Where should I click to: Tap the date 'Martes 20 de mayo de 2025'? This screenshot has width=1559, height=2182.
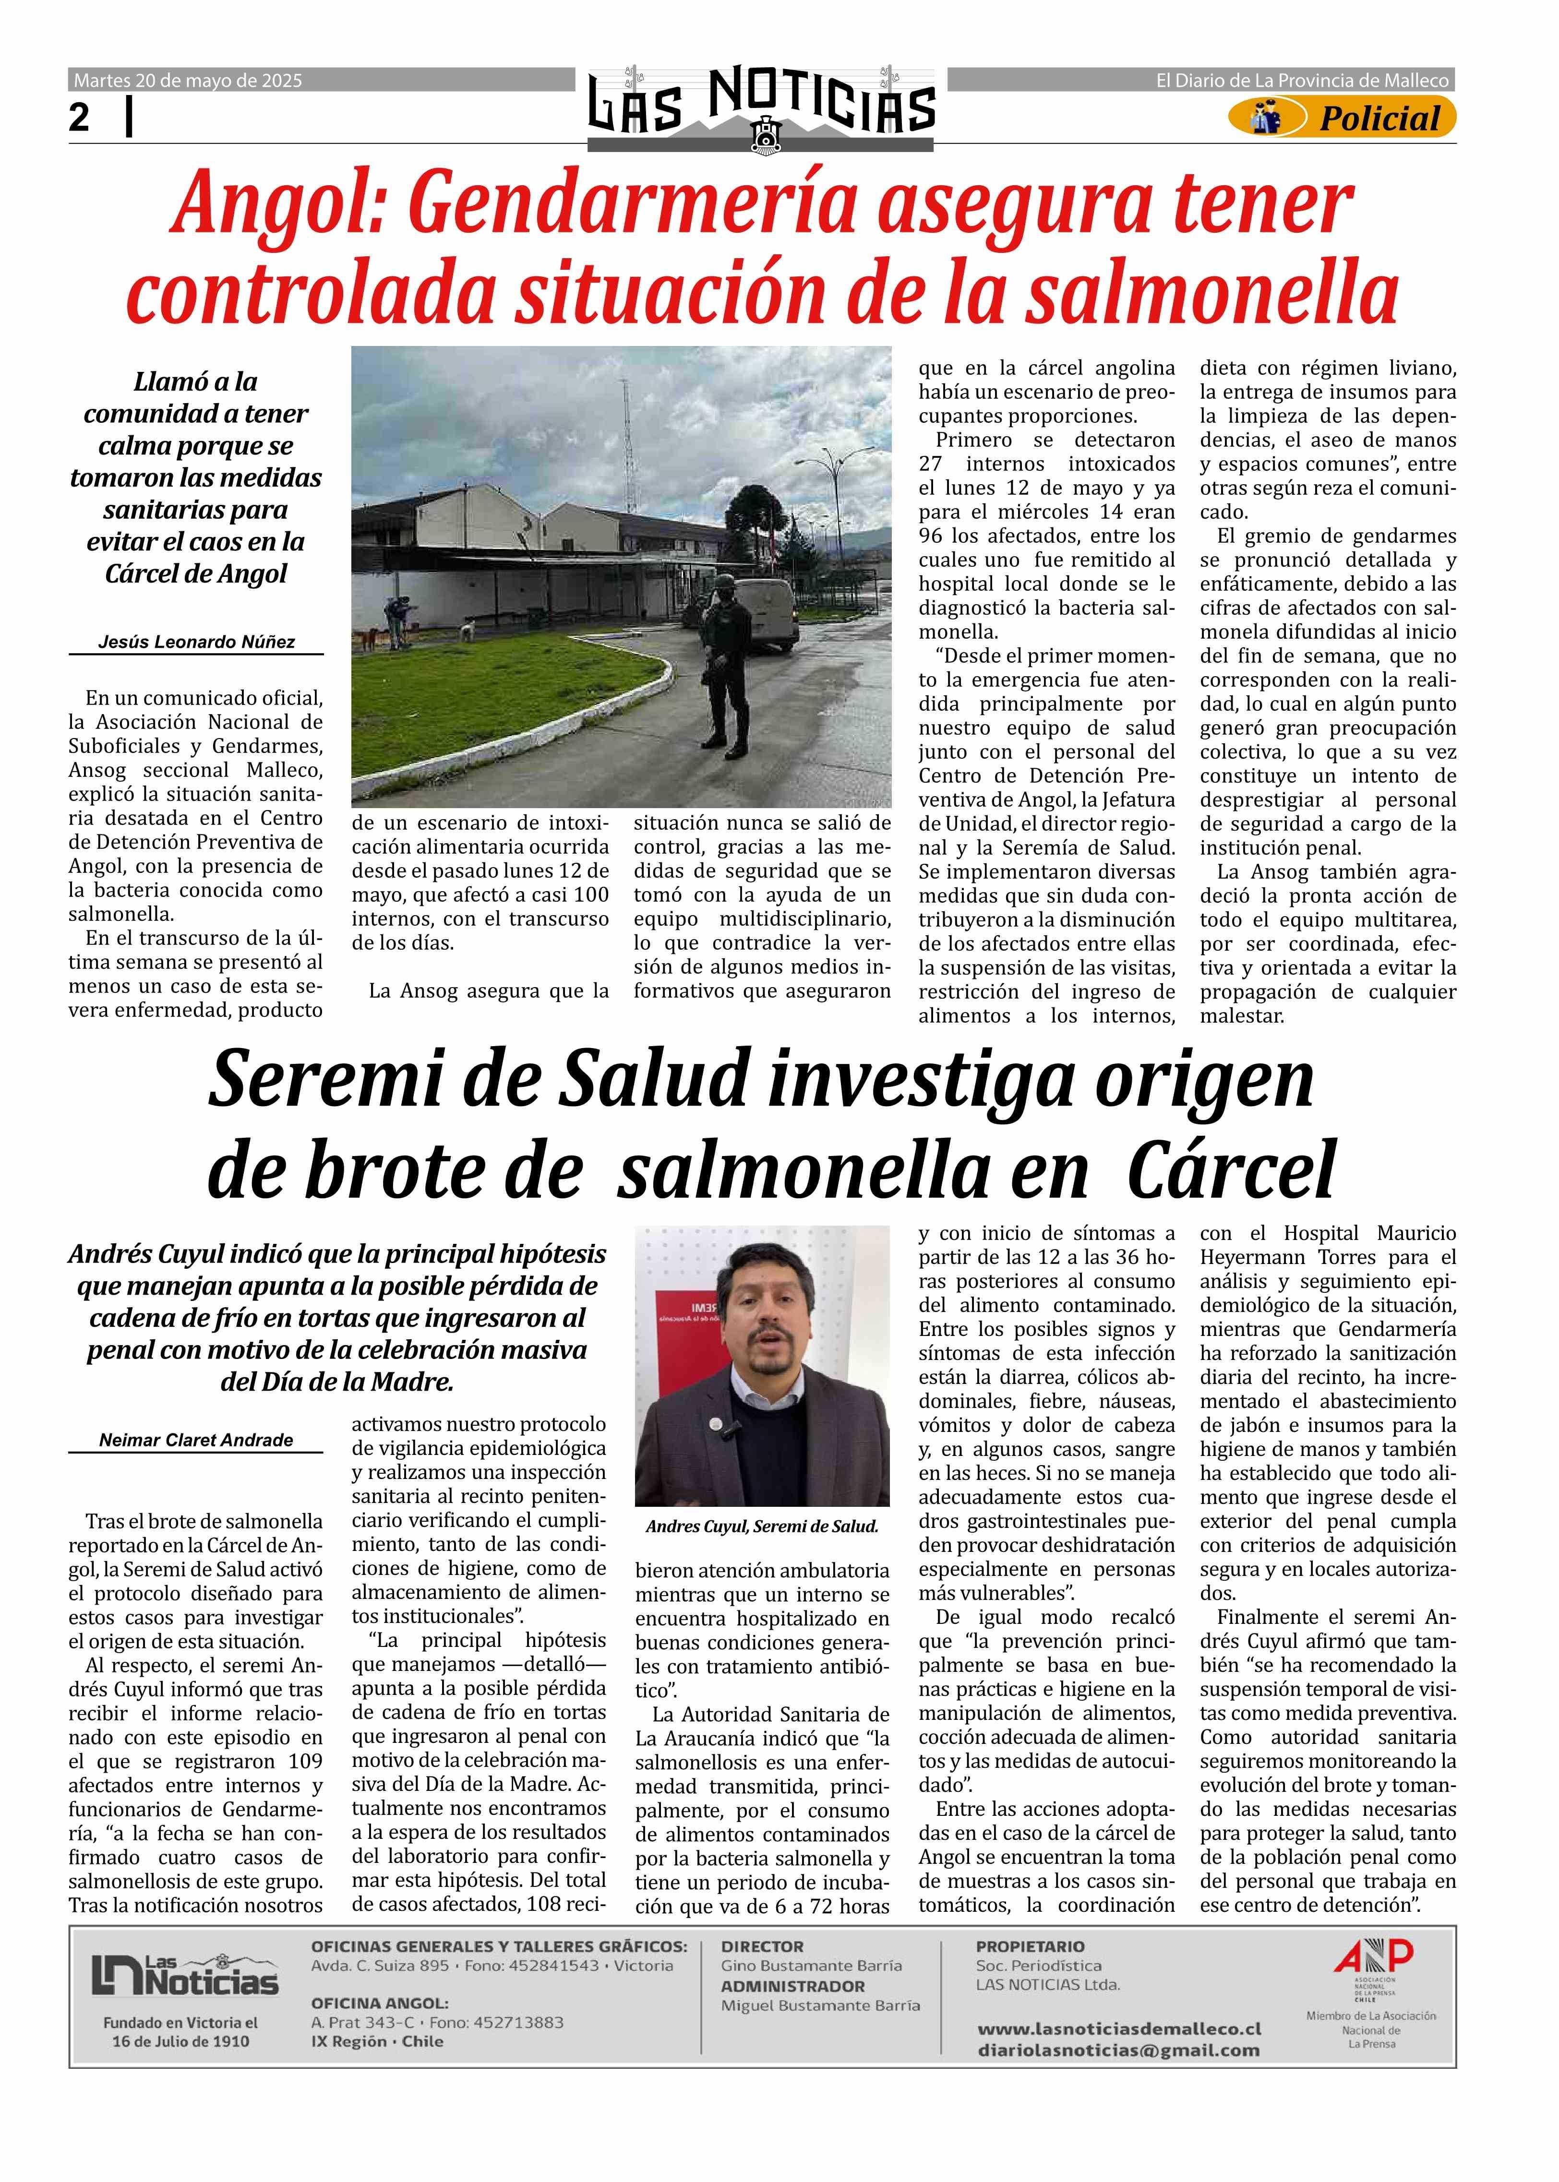tap(188, 81)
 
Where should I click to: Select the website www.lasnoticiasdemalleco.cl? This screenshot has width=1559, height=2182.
tap(1118, 2029)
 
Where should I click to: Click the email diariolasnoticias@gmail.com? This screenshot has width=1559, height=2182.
tap(1118, 2051)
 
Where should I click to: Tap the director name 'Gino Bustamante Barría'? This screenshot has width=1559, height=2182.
tap(811, 1966)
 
